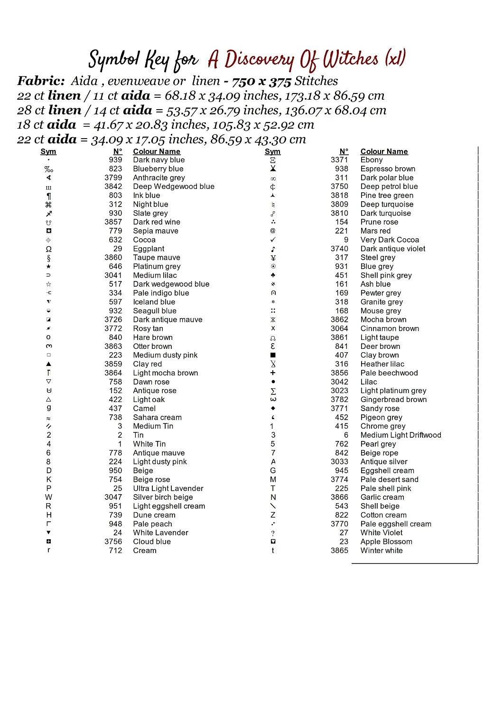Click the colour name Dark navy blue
[x=158, y=160]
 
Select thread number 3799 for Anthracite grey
[x=113, y=178]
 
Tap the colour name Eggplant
[x=149, y=249]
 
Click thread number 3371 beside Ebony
[x=339, y=160]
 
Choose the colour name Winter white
[x=382, y=551]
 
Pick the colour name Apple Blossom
[x=386, y=542]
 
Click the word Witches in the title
[x=351, y=60]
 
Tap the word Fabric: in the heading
[x=41, y=81]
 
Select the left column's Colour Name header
[x=157, y=151]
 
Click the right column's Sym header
[x=272, y=151]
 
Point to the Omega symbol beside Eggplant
[x=48, y=249]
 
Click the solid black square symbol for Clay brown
[x=273, y=355]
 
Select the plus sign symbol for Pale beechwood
[x=273, y=373]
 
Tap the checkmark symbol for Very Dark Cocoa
[x=273, y=240]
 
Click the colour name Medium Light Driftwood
[x=401, y=435]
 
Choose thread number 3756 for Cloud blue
[x=113, y=542]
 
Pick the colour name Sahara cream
[x=157, y=417]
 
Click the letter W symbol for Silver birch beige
[x=48, y=497]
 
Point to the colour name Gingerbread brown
[x=393, y=400]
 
